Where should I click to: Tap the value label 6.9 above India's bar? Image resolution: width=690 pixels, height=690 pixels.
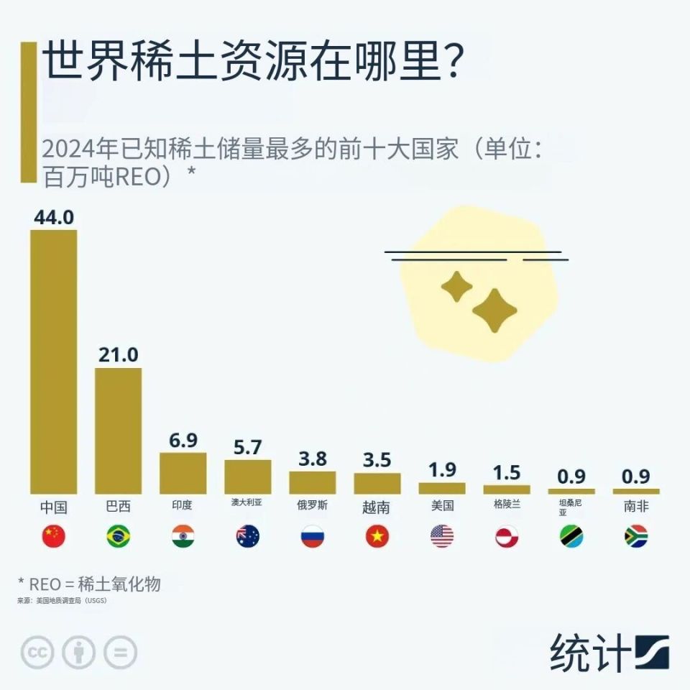click(x=183, y=441)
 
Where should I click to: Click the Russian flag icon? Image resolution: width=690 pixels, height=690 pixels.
click(x=312, y=536)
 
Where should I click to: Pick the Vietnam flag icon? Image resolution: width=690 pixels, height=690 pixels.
click(x=377, y=536)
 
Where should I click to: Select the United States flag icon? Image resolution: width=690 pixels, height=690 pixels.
click(x=441, y=536)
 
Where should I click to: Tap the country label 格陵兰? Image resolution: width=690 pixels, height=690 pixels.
click(x=507, y=505)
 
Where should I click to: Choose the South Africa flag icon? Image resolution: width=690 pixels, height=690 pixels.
click(x=635, y=536)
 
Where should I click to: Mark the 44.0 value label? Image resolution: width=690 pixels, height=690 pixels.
click(x=54, y=217)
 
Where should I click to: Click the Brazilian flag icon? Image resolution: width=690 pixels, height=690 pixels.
click(x=118, y=536)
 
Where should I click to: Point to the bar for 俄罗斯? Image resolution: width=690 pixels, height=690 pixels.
click(x=312, y=482)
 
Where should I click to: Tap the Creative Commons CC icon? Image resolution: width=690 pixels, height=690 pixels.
click(x=38, y=653)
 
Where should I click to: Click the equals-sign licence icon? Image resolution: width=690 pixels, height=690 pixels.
click(x=120, y=653)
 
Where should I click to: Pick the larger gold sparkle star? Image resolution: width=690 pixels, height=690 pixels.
click(x=494, y=310)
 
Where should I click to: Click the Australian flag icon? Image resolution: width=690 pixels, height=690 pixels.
click(x=247, y=536)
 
